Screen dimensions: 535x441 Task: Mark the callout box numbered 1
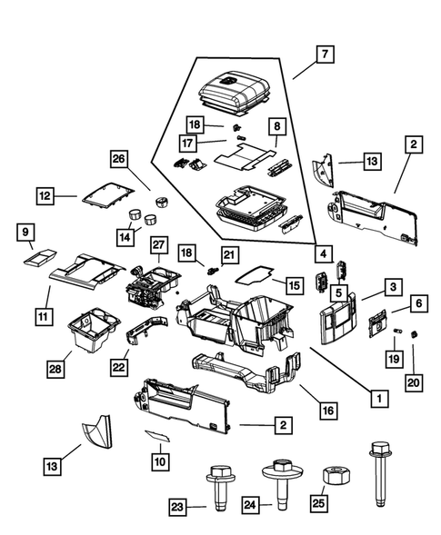(373, 396)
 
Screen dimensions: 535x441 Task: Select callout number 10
(160, 462)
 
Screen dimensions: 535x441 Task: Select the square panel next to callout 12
(105, 193)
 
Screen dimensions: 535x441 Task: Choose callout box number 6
(419, 302)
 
